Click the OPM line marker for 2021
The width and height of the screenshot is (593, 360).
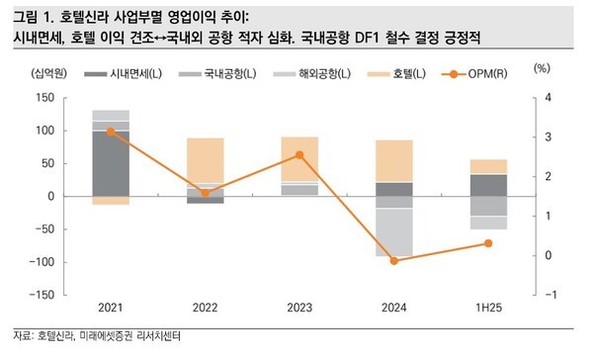[111, 131]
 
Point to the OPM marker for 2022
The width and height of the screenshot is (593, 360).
[206, 193]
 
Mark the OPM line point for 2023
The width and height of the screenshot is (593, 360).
[299, 154]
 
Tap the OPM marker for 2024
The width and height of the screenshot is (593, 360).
[394, 261]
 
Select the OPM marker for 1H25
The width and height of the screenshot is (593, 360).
[488, 243]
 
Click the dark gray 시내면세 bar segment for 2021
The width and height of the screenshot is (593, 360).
[111, 163]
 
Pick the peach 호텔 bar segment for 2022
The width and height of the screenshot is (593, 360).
[206, 160]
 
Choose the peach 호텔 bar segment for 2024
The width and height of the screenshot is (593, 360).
[394, 160]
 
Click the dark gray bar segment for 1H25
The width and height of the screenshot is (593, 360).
[488, 185]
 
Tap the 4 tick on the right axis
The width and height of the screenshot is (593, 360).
[546, 98]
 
